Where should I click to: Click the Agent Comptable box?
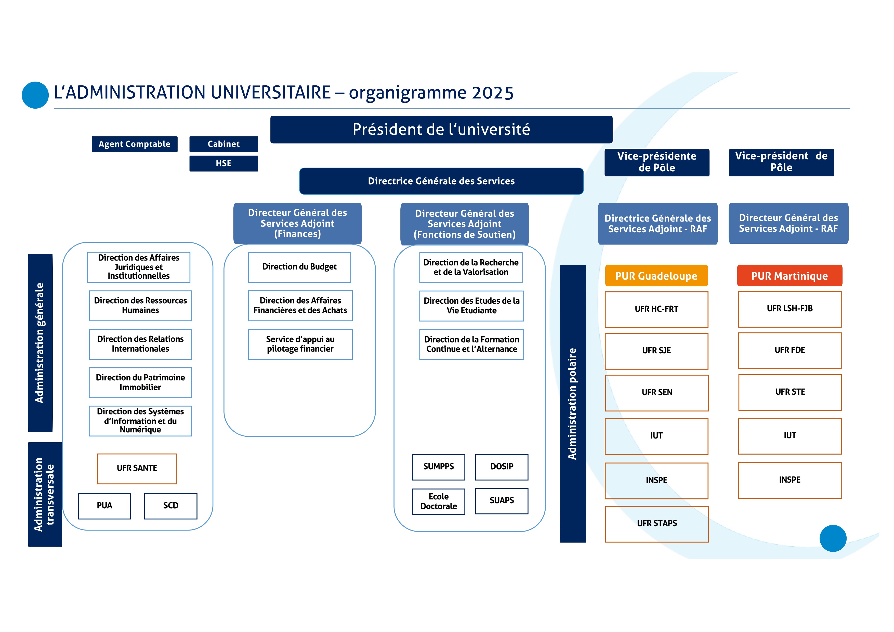134,144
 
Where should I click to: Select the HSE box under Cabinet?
223,164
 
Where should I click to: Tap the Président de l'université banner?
441,129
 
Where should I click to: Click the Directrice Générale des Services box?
441,181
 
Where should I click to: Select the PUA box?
104,506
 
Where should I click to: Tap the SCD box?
170,506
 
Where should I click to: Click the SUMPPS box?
438,467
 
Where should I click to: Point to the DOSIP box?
502,467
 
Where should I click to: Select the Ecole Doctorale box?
438,501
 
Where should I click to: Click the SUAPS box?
502,501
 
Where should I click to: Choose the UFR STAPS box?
657,524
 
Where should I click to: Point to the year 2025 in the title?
493,93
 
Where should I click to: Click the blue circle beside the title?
35,95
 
